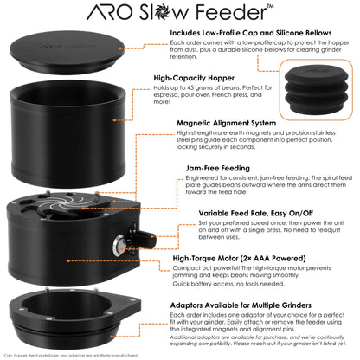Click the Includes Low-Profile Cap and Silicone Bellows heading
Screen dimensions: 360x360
tap(252, 34)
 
